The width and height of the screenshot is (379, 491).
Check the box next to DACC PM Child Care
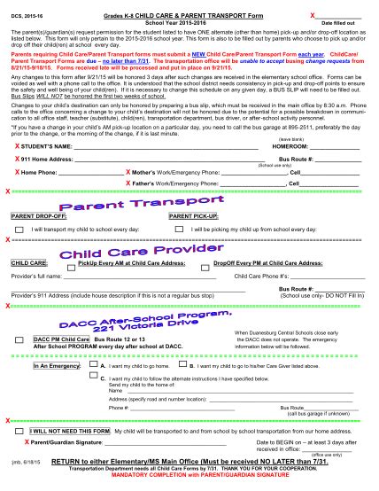point(20,339)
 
